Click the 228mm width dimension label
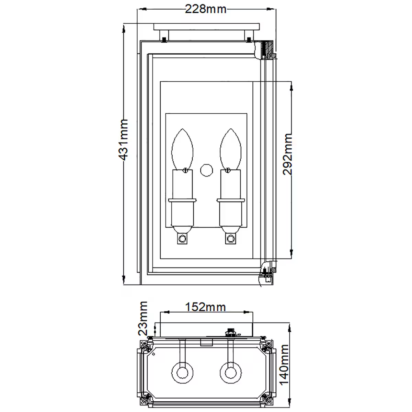206,9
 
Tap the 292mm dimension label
287,154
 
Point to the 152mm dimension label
206,307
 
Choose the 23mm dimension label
142,318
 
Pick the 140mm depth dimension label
285,365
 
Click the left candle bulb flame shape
182,149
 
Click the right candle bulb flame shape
230,149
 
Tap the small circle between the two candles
206,170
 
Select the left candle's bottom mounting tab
182,238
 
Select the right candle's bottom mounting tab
230,238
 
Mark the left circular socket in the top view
182,372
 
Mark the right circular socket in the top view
230,372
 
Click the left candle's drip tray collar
182,200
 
